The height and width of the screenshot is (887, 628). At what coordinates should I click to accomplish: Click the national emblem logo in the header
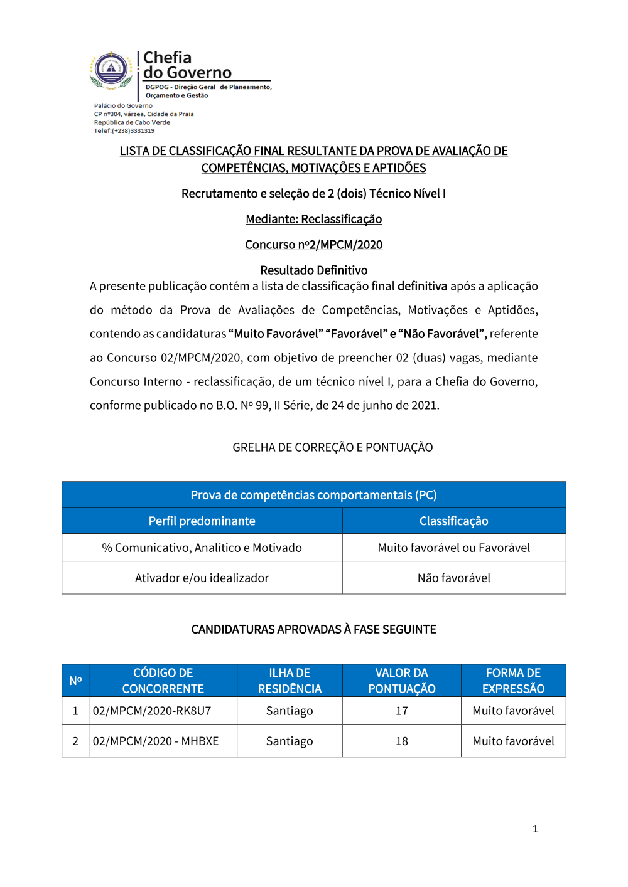(x=111, y=69)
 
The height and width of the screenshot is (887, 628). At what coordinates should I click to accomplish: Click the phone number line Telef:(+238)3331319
(x=124, y=131)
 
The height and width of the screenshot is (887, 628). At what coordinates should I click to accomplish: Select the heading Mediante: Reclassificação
(x=313, y=219)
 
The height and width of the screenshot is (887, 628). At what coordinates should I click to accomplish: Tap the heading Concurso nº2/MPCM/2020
(x=313, y=245)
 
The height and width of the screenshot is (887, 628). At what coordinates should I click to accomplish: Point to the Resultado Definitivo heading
(x=313, y=270)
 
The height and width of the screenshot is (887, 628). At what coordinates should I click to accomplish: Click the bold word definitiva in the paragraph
(x=422, y=286)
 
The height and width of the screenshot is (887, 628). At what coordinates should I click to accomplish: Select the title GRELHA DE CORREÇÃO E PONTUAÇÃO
(x=332, y=447)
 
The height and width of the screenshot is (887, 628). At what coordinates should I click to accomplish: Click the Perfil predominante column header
(x=202, y=521)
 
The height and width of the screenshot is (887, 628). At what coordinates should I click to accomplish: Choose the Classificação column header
(x=453, y=521)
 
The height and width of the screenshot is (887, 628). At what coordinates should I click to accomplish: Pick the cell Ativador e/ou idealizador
(x=202, y=578)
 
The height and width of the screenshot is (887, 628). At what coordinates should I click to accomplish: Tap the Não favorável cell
(x=453, y=578)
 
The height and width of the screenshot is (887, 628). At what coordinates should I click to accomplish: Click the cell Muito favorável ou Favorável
(x=453, y=548)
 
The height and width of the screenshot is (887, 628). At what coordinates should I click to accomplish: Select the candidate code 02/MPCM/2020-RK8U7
(x=152, y=711)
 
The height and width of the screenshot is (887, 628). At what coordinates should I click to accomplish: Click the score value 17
(x=401, y=711)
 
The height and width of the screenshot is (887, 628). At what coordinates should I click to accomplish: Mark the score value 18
(x=401, y=741)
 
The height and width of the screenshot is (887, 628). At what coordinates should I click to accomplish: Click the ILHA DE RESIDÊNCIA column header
(x=290, y=681)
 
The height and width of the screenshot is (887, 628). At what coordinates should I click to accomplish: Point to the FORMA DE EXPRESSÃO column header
(x=513, y=681)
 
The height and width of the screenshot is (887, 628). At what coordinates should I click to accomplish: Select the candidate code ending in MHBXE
(x=156, y=741)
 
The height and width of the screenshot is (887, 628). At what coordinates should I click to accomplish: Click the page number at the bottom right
(x=535, y=829)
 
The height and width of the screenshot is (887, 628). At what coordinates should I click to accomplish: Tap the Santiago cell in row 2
(x=290, y=741)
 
